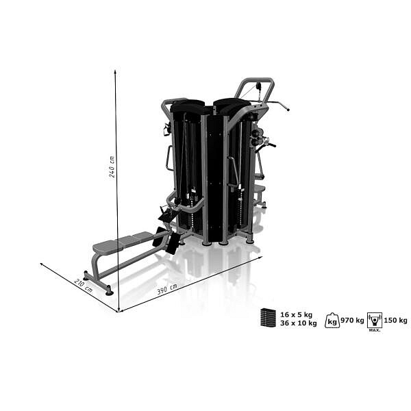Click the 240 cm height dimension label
112,167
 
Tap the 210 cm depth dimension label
84,286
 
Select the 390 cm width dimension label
167,289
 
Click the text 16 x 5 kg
296,314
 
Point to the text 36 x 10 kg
298,323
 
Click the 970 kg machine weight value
352,321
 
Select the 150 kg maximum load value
395,321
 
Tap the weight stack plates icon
268,318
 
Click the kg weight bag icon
332,321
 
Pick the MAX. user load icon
375,321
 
